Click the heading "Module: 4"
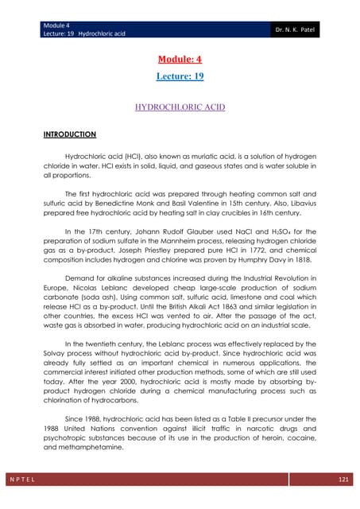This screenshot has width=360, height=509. pos(180,60)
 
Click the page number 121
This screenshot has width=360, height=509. pos(343,480)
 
